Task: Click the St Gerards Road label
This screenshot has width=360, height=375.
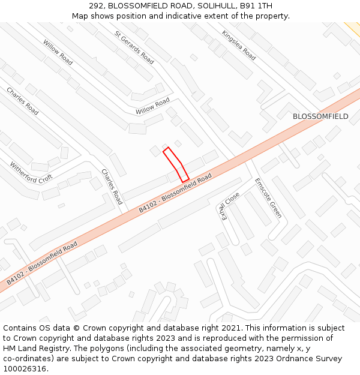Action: (134, 47)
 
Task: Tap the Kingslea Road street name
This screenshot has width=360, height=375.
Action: (239, 46)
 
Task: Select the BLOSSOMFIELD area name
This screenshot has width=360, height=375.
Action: (320, 116)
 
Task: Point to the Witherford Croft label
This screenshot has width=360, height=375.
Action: (31, 171)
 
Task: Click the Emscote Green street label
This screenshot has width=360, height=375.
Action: (268, 197)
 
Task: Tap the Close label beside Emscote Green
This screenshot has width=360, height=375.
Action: (231, 206)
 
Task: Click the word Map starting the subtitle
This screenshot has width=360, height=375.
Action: (80, 16)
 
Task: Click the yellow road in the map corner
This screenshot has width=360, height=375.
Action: (353, 28)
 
